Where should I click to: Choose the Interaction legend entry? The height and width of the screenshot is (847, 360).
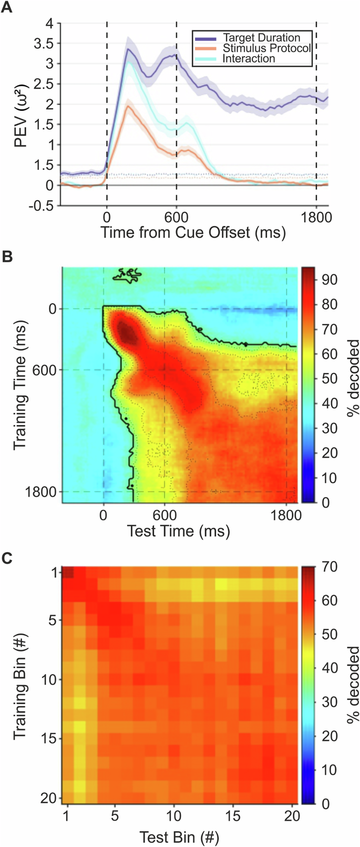click(249, 58)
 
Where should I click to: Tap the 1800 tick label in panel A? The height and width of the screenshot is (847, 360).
click(316, 216)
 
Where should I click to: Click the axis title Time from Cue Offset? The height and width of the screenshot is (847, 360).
click(193, 232)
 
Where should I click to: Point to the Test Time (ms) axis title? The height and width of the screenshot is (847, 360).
click(179, 531)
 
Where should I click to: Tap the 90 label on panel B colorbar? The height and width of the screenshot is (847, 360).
click(330, 280)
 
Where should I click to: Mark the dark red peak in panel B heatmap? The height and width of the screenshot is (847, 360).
click(125, 332)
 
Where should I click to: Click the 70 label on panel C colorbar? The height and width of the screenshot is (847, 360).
click(330, 567)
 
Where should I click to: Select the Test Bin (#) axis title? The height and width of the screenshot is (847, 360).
click(179, 836)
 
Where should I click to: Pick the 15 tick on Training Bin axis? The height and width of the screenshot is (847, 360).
click(48, 739)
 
